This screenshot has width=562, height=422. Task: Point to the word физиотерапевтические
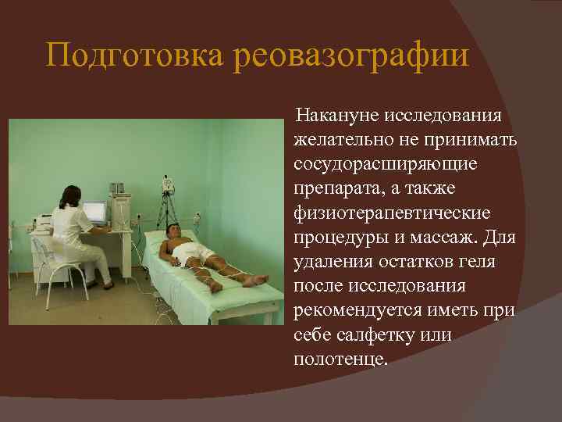[391, 213]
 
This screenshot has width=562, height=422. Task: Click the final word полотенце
[340, 359]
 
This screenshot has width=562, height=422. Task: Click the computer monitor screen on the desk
[94, 211]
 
